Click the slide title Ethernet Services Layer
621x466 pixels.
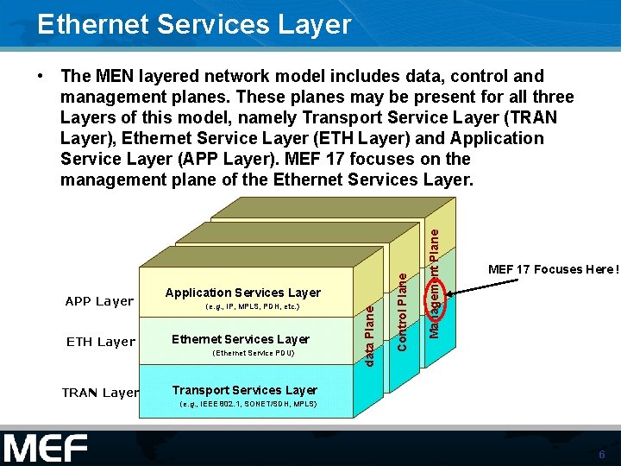pos(194,24)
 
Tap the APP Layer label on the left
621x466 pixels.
pos(100,301)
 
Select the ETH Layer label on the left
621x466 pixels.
pos(101,342)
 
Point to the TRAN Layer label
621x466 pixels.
pos(100,393)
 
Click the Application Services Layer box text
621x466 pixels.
pos(242,293)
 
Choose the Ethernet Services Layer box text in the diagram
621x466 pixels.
pos(241,339)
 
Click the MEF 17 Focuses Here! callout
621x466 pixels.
pos(553,270)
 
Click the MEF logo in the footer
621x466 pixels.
pos(46,449)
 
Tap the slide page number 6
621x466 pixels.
pos(601,454)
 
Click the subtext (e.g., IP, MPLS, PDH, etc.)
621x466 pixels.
pos(253,307)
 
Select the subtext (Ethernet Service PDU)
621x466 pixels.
pos(253,353)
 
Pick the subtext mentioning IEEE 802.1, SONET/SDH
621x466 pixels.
pos(248,404)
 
